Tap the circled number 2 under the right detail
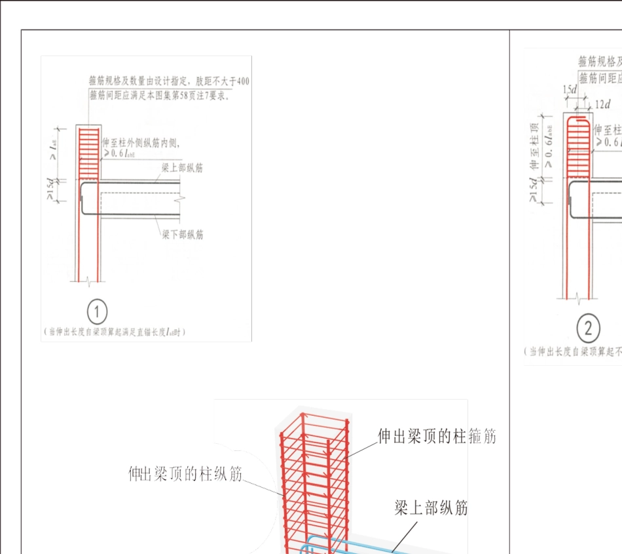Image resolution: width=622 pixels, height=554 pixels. click(x=588, y=328)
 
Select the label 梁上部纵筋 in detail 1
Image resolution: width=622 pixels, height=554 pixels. click(x=183, y=168)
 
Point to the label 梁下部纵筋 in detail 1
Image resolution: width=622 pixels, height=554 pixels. click(x=183, y=234)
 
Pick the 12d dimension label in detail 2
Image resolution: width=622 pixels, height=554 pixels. click(x=602, y=104)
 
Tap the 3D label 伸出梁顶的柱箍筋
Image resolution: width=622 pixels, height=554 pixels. click(x=437, y=436)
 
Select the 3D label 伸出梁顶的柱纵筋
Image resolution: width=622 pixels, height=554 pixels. click(x=185, y=473)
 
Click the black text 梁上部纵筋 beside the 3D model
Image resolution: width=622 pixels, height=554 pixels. click(x=431, y=507)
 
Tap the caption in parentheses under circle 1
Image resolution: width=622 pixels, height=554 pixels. click(x=114, y=332)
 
